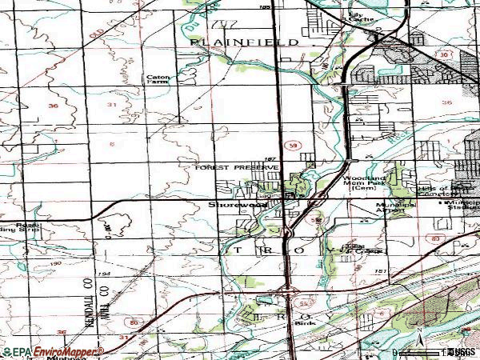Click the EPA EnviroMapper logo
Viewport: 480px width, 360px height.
click(51, 351)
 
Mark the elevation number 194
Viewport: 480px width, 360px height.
click(126, 274)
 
